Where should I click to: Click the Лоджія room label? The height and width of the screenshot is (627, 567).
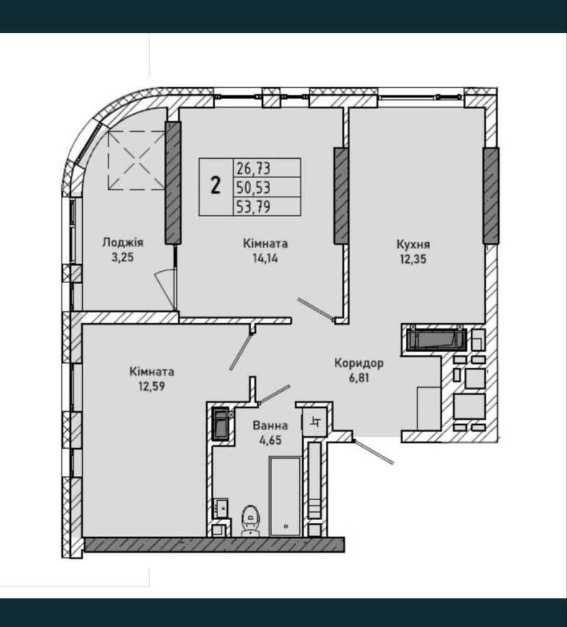123,243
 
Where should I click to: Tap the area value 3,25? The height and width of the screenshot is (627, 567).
123,257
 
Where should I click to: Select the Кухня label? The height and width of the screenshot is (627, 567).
413,244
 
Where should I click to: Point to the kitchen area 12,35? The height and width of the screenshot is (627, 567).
413,259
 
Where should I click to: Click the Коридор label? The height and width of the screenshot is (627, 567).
359,363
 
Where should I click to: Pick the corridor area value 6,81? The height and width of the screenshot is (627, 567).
359,378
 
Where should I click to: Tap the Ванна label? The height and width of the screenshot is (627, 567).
270,426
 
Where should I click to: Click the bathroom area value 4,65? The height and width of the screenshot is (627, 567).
270,440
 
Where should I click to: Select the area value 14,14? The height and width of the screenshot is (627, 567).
265,259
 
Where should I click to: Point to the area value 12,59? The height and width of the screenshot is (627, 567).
152,387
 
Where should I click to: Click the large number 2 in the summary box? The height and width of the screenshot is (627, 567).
215,186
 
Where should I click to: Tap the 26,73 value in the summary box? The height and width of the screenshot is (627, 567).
253,168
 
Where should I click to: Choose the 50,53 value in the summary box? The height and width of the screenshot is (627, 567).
253,187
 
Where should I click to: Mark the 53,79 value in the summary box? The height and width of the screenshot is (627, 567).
253,206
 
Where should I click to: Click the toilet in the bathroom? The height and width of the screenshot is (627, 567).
250,520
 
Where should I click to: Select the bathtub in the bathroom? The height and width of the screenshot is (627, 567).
285,496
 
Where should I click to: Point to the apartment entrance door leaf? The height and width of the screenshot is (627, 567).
374,453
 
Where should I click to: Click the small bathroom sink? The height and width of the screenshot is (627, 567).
220,508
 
